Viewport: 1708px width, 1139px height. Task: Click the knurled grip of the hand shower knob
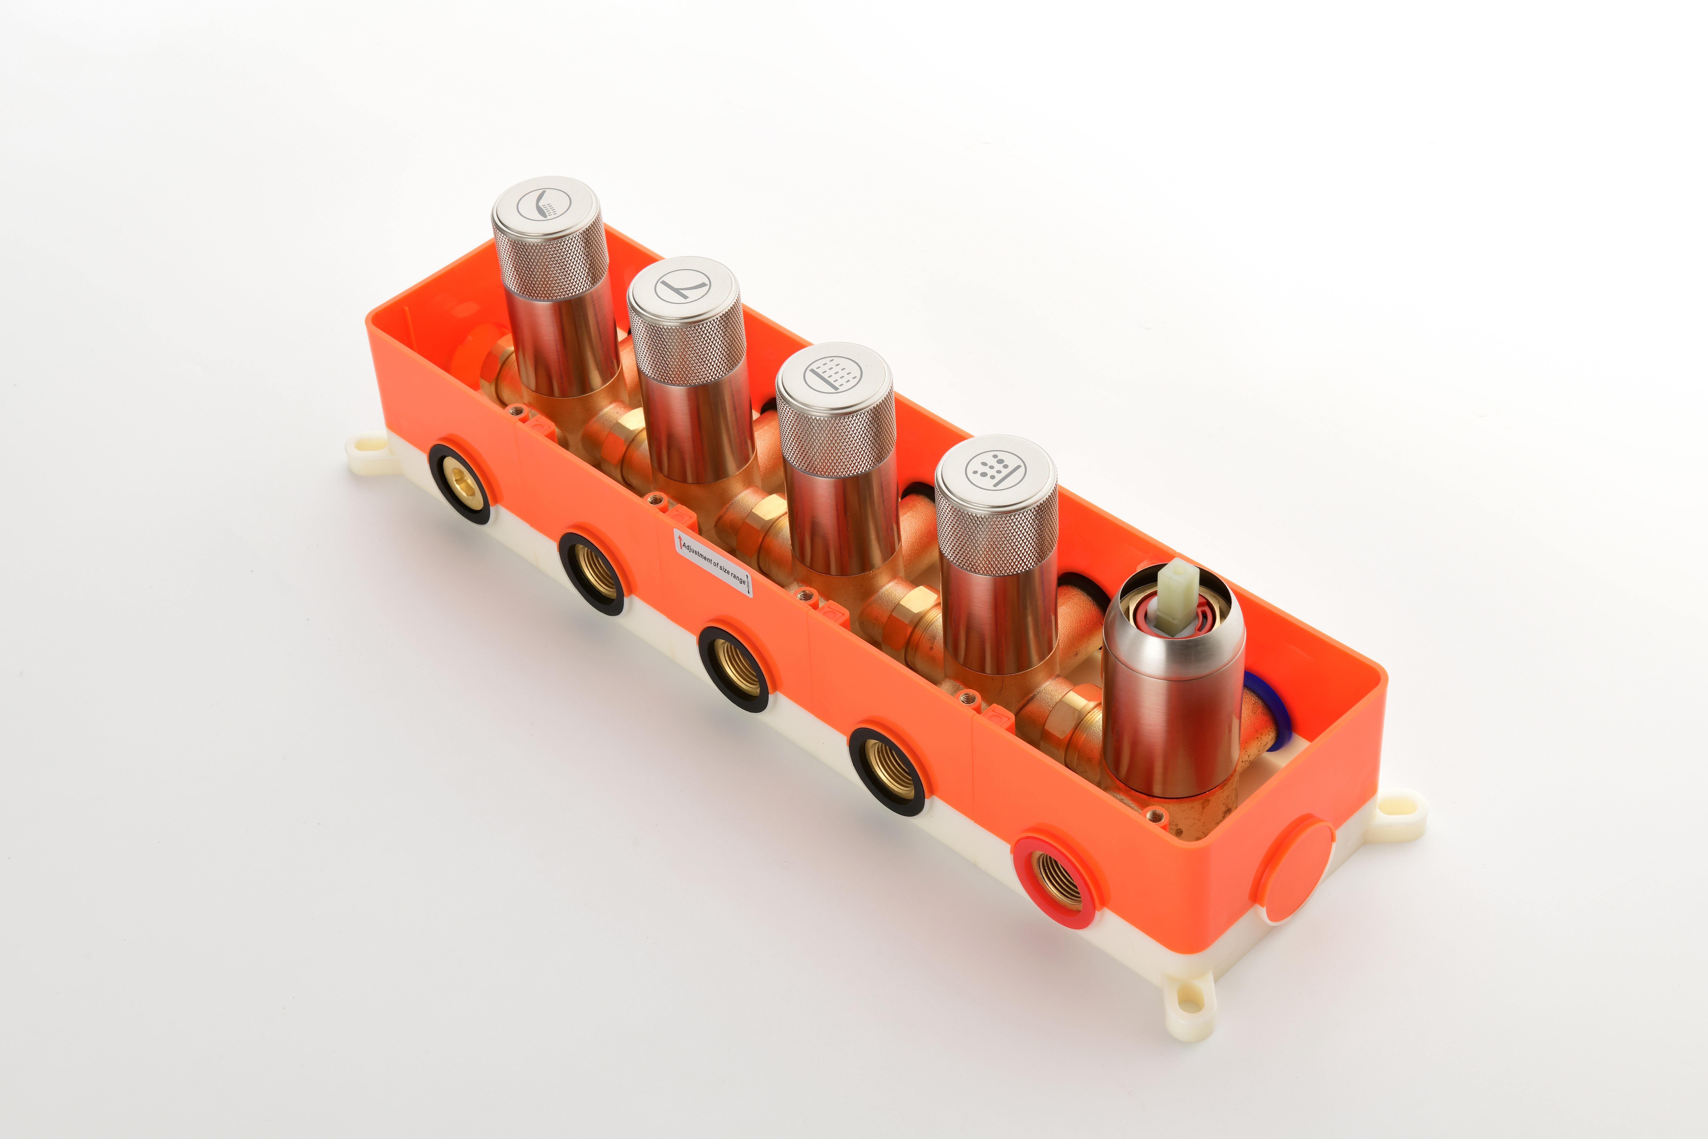pyautogui.click(x=550, y=258)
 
